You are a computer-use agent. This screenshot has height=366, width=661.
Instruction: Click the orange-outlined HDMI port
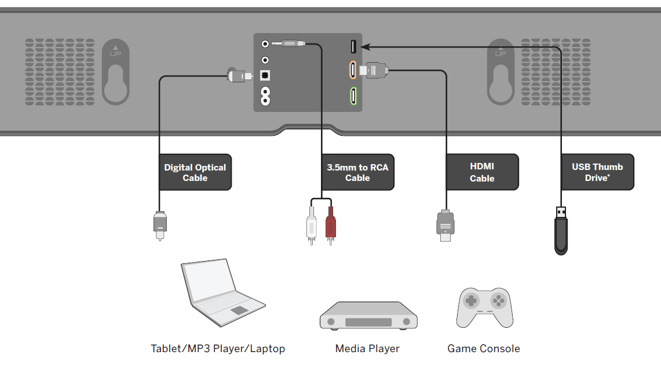pyautogui.click(x=352, y=70)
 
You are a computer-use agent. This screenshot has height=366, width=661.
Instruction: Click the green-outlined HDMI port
pyautogui.click(x=352, y=95)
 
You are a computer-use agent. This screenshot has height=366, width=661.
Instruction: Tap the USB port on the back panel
pyautogui.click(x=353, y=46)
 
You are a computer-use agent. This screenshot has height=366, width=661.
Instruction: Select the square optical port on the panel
pyautogui.click(x=265, y=75)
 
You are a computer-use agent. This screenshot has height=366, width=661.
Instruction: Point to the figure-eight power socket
pyautogui.click(x=265, y=96)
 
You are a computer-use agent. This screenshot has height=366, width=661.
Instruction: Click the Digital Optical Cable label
pyautogui.click(x=195, y=172)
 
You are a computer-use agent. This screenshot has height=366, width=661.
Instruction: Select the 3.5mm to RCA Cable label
pyautogui.click(x=357, y=172)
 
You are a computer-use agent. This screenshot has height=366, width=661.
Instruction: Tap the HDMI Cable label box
pyautogui.click(x=482, y=172)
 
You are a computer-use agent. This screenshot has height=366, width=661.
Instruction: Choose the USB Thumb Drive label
pyautogui.click(x=597, y=172)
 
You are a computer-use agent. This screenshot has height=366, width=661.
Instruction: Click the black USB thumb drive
pyautogui.click(x=561, y=232)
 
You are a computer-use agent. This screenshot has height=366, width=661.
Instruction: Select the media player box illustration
pyautogui.click(x=368, y=316)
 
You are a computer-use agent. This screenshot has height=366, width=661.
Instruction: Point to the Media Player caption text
pyautogui.click(x=367, y=349)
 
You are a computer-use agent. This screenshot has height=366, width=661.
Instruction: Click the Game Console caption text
pyautogui.click(x=484, y=349)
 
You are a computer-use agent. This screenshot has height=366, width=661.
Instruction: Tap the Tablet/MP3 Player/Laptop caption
pyautogui.click(x=218, y=349)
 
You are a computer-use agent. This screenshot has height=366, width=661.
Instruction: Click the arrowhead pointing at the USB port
pyautogui.click(x=364, y=46)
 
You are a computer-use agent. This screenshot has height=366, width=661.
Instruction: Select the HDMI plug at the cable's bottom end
pyautogui.click(x=444, y=225)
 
